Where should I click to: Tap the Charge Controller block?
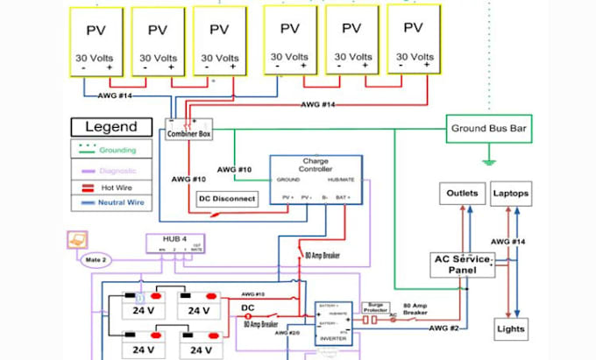[x=315, y=179]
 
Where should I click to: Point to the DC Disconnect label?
[x=227, y=199]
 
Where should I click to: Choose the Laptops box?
[x=509, y=193]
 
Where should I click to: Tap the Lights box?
[x=510, y=328]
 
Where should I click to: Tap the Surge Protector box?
[x=375, y=307]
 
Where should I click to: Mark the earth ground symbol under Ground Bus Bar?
[x=488, y=161]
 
